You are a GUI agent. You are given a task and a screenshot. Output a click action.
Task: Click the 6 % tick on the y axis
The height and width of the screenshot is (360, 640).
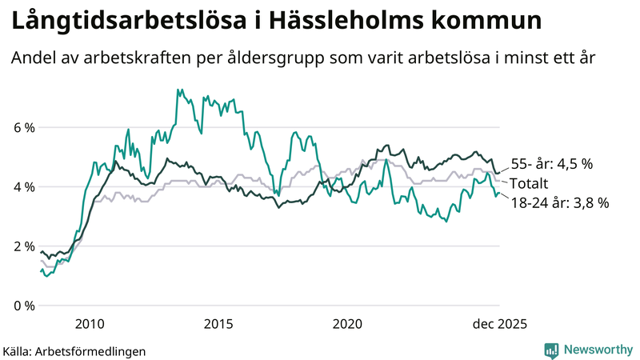point(24,127)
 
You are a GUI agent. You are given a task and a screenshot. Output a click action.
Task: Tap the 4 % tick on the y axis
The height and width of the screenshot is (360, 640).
point(24,186)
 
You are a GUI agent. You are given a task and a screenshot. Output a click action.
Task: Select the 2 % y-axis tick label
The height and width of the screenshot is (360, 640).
point(24,246)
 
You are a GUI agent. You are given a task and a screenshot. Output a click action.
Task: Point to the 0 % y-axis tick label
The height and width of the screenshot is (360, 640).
point(24,306)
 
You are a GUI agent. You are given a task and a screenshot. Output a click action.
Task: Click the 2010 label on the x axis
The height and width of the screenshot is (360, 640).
point(90,324)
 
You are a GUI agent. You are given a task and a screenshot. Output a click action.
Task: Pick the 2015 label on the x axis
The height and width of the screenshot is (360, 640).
point(218,324)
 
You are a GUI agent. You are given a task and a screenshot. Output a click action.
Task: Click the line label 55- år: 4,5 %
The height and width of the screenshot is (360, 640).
point(551,164)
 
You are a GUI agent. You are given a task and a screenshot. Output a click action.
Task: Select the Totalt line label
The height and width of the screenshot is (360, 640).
point(529,183)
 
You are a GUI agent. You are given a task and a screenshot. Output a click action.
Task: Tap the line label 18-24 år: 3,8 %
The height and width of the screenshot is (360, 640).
point(559,203)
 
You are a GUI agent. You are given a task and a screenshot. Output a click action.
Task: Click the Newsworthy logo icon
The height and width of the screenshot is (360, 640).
point(551,350)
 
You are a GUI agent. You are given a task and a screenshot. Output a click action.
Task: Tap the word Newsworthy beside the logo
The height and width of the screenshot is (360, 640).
point(597,350)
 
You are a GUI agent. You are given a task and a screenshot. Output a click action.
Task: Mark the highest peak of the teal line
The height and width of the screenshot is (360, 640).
point(179,90)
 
